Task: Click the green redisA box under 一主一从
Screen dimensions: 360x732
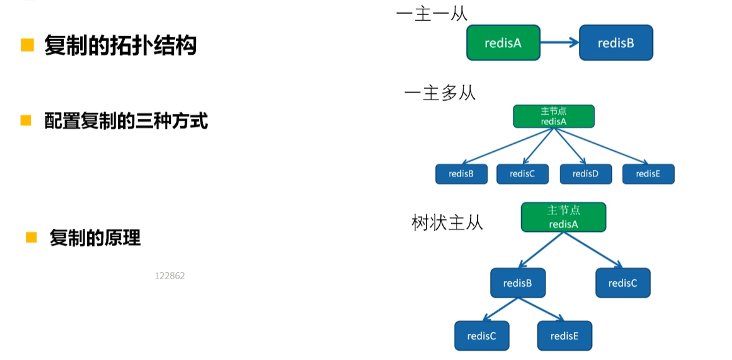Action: pos(503,43)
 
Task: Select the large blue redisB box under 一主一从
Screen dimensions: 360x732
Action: pos(616,43)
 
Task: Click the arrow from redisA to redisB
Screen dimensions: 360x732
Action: pos(560,43)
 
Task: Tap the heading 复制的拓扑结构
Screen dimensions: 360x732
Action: pos(120,45)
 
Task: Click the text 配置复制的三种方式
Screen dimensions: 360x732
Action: pos(126,121)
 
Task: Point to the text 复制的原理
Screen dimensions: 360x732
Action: pos(95,238)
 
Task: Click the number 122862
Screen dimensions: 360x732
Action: pos(170,276)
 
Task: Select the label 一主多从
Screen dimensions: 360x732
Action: pos(440,93)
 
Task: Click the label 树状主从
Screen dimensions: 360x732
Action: pos(447,223)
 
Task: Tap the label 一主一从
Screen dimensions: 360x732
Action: pos(431,14)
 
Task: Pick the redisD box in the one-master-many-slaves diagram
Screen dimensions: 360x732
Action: pos(585,174)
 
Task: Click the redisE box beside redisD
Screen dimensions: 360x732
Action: pos(648,174)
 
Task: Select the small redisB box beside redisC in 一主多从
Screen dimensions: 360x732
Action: pos(461,174)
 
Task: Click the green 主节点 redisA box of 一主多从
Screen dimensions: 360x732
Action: pos(554,116)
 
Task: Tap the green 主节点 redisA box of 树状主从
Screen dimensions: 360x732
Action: pos(563,217)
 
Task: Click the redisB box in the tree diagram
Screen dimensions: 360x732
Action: pos(517,283)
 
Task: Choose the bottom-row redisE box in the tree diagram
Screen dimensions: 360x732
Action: pos(565,336)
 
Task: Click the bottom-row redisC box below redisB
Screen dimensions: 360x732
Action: pos(481,336)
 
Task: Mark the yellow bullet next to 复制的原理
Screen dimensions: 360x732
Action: pos(31,237)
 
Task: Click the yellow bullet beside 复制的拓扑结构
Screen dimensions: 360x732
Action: pos(27,45)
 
